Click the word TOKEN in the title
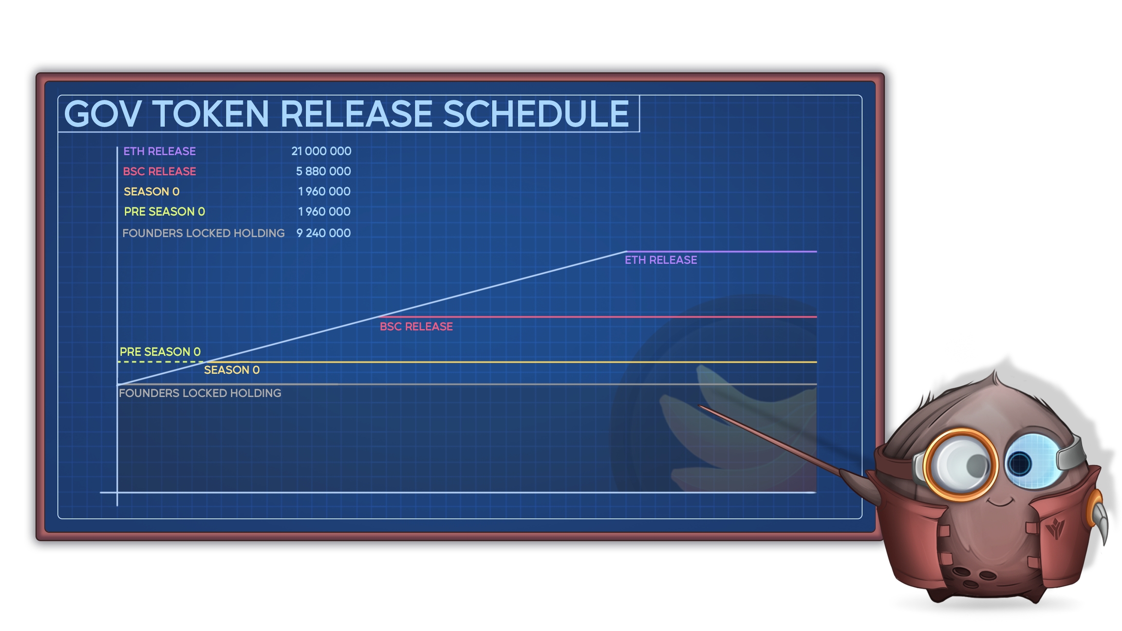pyautogui.click(x=210, y=114)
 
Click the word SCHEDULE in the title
pyautogui.click(x=536, y=114)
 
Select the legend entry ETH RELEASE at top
pyautogui.click(x=159, y=151)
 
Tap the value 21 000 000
pyautogui.click(x=321, y=151)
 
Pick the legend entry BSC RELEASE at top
pyautogui.click(x=159, y=171)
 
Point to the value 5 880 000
pyautogui.click(x=323, y=171)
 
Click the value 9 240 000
pyautogui.click(x=323, y=233)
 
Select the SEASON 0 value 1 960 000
pyautogui.click(x=324, y=191)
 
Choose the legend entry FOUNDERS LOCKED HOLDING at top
pyautogui.click(x=204, y=233)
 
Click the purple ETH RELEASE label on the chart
pyautogui.click(x=661, y=260)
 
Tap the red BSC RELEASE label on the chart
pyautogui.click(x=416, y=327)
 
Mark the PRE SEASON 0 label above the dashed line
pyautogui.click(x=160, y=352)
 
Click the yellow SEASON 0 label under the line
pyautogui.click(x=232, y=370)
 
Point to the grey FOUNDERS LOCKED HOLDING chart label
pyautogui.click(x=200, y=393)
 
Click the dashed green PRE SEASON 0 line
pyautogui.click(x=160, y=362)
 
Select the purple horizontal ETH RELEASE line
pyautogui.click(x=721, y=252)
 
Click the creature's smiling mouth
pyautogui.click(x=999, y=501)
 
